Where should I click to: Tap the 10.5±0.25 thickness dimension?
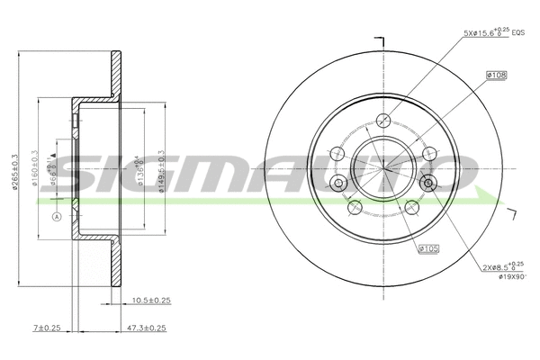(151, 300)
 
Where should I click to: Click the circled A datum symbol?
(56, 218)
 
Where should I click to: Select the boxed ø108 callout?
(496, 76)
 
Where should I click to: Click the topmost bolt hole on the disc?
(384, 120)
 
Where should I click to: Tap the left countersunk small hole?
(339, 184)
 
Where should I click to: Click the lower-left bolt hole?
(355, 207)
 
